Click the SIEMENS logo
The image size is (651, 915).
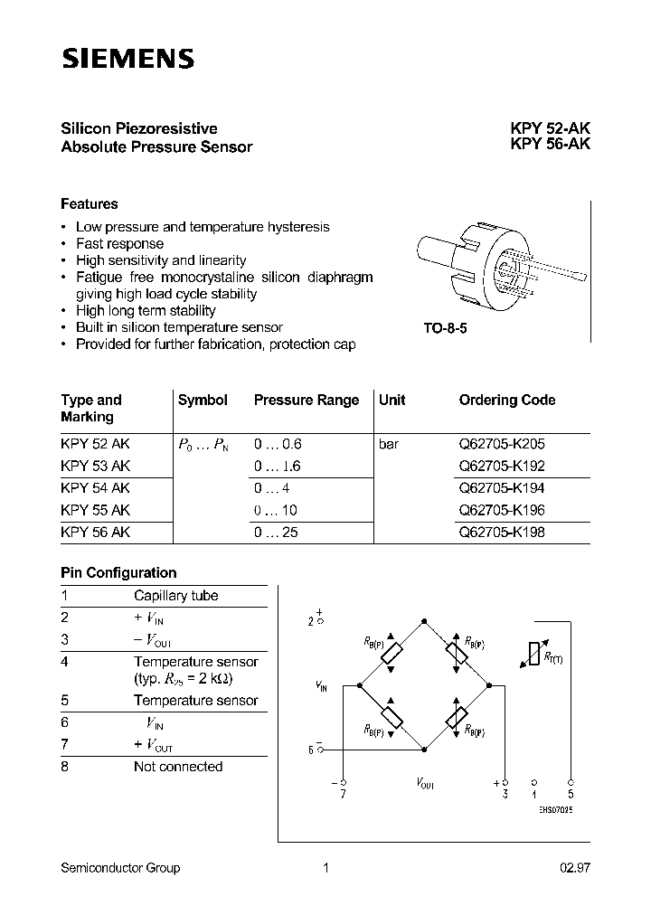[127, 59]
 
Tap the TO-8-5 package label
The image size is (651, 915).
[445, 329]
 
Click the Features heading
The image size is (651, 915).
[90, 204]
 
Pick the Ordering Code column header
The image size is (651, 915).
[506, 400]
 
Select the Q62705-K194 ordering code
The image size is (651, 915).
[502, 488]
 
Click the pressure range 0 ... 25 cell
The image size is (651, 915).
[277, 533]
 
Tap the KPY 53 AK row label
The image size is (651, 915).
[96, 467]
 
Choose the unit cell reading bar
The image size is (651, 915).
[389, 445]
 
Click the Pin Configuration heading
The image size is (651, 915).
[118, 572]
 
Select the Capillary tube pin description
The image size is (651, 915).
[175, 596]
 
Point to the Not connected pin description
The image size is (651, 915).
[177, 767]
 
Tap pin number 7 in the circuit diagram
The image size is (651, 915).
[344, 792]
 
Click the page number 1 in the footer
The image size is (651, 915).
[325, 868]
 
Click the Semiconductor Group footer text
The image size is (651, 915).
[120, 868]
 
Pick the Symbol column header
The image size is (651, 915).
[203, 400]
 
